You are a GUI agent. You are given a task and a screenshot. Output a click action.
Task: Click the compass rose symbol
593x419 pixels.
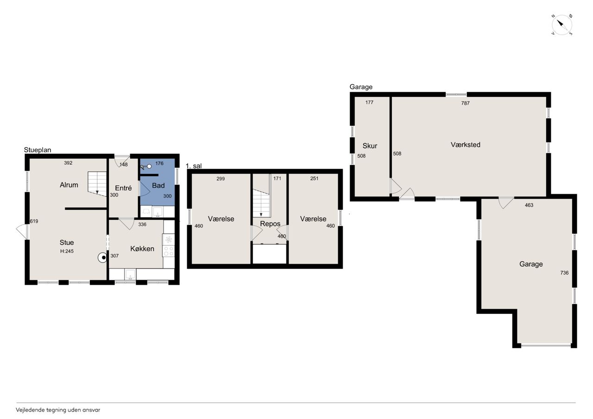click(x=561, y=25)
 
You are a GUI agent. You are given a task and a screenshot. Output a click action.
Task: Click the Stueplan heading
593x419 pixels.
click(x=38, y=150)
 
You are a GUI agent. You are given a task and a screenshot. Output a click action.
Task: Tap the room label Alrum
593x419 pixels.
click(x=69, y=185)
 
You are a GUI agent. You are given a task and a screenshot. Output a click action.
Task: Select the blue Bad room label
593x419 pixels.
click(x=158, y=186)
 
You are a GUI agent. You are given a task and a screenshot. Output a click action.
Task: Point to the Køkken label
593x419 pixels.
click(x=142, y=249)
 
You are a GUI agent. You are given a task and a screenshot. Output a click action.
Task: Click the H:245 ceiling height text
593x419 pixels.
click(x=67, y=251)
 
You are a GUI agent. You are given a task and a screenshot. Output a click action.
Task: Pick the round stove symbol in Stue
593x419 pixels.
click(x=102, y=257)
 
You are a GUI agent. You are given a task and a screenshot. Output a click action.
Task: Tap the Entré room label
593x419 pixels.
click(x=123, y=188)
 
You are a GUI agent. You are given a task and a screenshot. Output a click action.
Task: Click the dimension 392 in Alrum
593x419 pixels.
click(x=68, y=163)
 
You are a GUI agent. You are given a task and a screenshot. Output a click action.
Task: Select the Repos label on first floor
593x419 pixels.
click(x=270, y=224)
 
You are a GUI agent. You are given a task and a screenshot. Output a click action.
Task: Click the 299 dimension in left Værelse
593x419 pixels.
click(x=221, y=179)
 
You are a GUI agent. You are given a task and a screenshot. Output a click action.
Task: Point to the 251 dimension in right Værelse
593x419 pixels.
click(x=314, y=179)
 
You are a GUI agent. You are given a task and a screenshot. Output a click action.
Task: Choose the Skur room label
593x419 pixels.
click(x=370, y=146)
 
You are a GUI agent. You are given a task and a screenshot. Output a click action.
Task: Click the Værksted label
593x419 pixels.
click(x=466, y=145)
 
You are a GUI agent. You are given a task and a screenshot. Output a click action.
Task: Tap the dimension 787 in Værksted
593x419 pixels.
click(x=465, y=103)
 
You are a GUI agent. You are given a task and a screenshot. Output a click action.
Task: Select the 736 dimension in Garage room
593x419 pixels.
click(x=564, y=273)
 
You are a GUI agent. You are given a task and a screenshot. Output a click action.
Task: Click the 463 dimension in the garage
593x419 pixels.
click(x=529, y=205)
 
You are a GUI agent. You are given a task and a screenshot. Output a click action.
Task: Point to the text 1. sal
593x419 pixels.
click(x=194, y=166)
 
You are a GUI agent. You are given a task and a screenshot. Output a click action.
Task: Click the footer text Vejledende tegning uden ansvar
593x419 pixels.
click(x=58, y=410)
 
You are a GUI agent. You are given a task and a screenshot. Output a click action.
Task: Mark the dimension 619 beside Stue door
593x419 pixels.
click(x=34, y=221)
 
